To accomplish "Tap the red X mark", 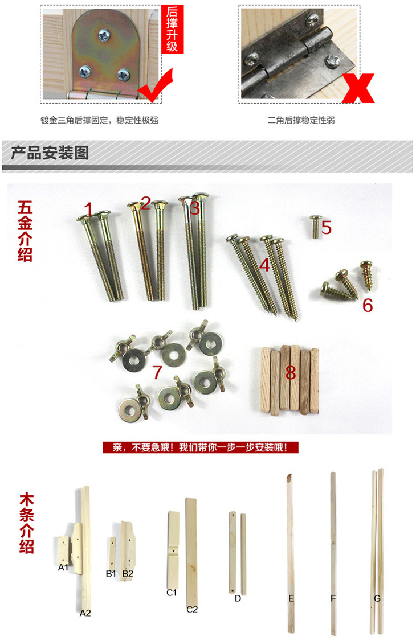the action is click(358, 88).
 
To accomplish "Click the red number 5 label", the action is click(326, 227).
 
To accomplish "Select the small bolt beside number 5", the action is click(315, 227).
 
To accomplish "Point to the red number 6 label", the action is click(368, 305).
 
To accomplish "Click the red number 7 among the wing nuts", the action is click(157, 372).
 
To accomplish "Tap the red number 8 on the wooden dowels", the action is click(291, 372).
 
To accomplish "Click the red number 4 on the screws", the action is click(264, 265).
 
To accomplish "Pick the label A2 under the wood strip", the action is click(85, 613).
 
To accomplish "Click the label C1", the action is click(172, 593).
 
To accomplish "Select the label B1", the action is click(111, 574).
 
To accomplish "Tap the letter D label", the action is click(238, 598).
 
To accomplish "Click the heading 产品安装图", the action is click(50, 153).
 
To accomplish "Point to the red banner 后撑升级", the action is click(172, 29).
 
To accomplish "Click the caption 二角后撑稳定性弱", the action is click(301, 120).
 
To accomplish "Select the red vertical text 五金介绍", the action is click(26, 231).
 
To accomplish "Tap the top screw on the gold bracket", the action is click(105, 36).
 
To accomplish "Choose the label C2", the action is click(192, 609).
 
